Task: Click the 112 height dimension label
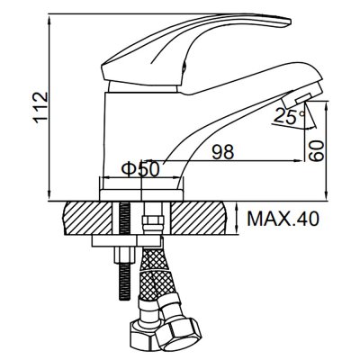click(x=40, y=108)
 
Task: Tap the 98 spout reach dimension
click(x=223, y=152)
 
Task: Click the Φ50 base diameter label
click(x=140, y=170)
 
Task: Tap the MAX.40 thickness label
click(x=283, y=219)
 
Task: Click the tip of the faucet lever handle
click(x=290, y=22)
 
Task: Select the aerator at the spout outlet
click(x=303, y=96)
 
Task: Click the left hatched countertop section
click(x=88, y=218)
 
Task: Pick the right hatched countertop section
click(x=199, y=218)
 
